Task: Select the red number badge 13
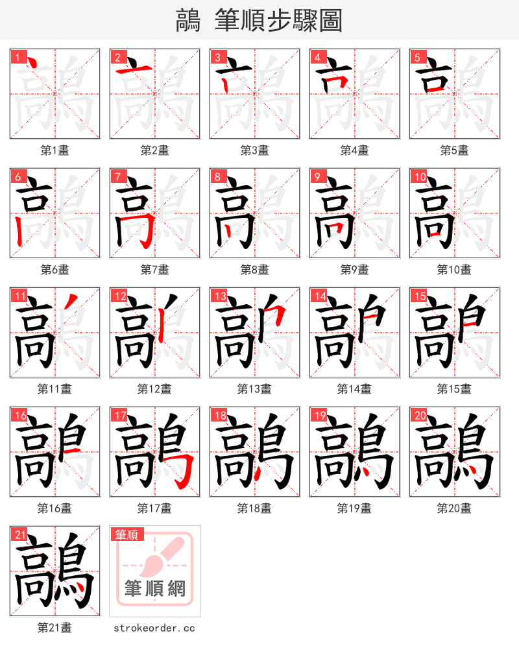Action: [x=218, y=296]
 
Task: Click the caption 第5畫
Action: [x=454, y=150]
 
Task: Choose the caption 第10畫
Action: [x=454, y=270]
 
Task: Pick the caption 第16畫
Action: [x=54, y=508]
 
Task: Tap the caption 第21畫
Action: [x=54, y=628]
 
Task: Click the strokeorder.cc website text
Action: [x=154, y=628]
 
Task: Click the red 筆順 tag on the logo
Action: [x=126, y=534]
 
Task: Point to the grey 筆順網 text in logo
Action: [x=155, y=588]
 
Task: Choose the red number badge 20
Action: [x=418, y=416]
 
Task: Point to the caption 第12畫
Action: [x=154, y=389]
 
